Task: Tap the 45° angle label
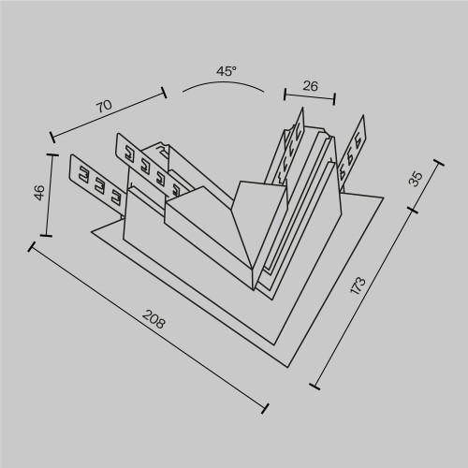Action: [x=227, y=70]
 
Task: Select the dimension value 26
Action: [x=311, y=85]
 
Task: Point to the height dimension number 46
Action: [x=38, y=194]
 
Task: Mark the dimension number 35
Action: [x=417, y=177]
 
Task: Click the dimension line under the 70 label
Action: [x=108, y=119]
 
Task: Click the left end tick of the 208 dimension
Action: [x=33, y=247]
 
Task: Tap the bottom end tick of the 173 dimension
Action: [x=314, y=385]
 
